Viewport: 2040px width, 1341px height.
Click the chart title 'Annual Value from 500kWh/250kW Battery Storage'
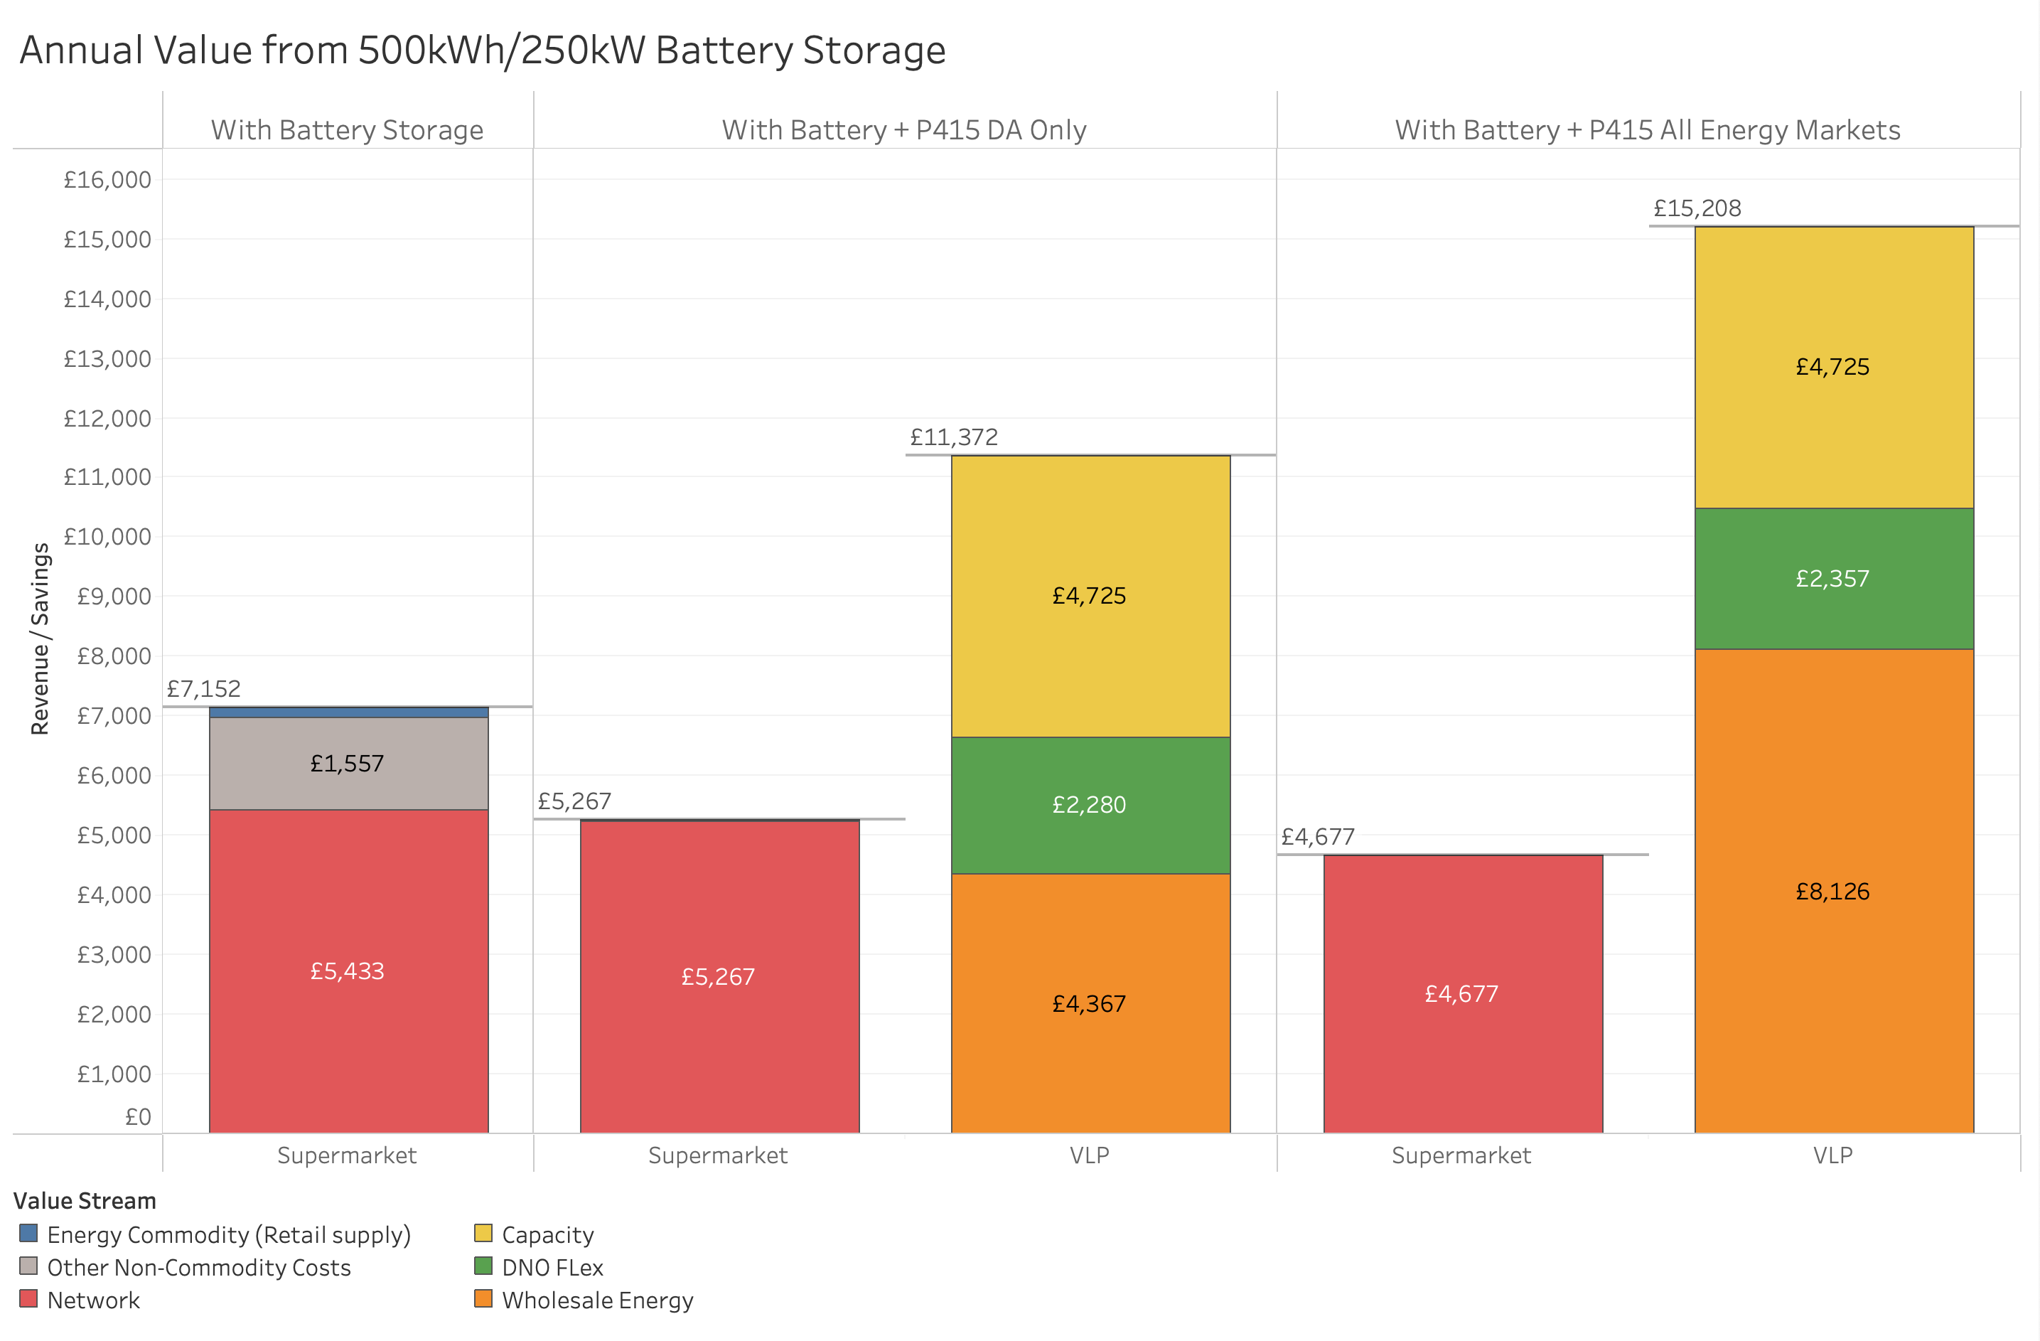click(483, 50)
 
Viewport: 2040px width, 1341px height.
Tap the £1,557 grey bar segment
click(348, 762)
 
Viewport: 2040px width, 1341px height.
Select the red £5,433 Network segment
click(348, 971)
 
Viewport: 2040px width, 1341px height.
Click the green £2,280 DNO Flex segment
click(1090, 804)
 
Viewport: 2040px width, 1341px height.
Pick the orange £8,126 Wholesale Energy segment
click(1832, 892)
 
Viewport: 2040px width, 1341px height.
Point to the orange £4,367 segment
click(1090, 1003)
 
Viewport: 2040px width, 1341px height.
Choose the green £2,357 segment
click(1832, 579)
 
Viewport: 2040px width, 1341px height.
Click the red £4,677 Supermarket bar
click(1461, 994)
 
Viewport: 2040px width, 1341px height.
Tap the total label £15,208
click(1697, 208)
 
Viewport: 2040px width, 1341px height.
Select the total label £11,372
click(954, 437)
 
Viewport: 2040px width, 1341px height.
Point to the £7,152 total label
click(204, 688)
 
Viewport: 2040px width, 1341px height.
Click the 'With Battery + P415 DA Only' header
click(904, 130)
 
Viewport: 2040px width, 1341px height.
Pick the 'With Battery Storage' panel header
click(347, 130)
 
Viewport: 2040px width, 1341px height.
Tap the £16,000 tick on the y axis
click(107, 180)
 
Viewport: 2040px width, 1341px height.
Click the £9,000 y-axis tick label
click(113, 597)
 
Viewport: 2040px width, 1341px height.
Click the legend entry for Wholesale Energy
click(596, 1300)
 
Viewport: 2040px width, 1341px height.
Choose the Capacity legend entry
click(547, 1234)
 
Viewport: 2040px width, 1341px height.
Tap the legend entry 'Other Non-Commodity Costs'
click(198, 1267)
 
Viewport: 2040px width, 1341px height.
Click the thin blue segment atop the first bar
click(348, 712)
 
